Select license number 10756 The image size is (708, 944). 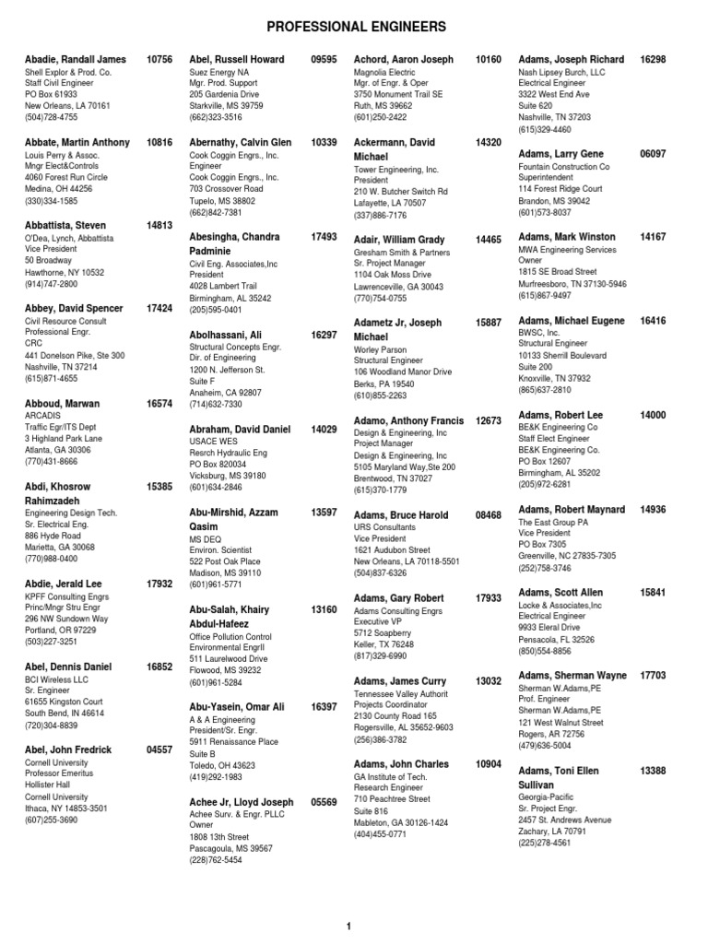(x=159, y=60)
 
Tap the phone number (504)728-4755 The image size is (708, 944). (x=51, y=118)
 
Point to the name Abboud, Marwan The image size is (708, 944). (x=63, y=404)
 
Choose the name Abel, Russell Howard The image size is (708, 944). (x=237, y=60)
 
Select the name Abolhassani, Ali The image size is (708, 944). (x=225, y=335)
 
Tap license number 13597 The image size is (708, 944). (x=324, y=512)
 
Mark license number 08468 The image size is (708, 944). (x=489, y=515)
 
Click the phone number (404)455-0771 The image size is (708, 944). (x=381, y=834)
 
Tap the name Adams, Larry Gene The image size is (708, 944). (x=561, y=154)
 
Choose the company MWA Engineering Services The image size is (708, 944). (x=568, y=250)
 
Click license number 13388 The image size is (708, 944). (x=653, y=771)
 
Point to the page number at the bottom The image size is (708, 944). (x=349, y=926)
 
